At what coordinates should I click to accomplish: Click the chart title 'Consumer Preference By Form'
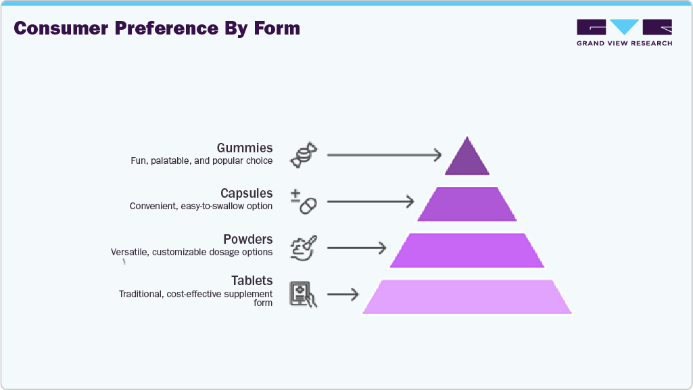point(157,28)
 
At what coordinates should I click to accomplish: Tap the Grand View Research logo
point(624,32)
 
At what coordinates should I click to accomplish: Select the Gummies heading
point(245,148)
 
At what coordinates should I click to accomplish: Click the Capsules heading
point(247,194)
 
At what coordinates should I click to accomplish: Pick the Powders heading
point(248,239)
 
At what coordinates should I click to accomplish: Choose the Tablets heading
point(252,280)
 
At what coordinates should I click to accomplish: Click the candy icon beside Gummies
point(302,155)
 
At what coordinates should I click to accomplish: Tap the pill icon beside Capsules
point(304,201)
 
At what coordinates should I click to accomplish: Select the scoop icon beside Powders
point(303,248)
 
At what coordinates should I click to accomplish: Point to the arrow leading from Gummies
point(383,155)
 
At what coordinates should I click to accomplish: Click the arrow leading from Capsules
point(370,201)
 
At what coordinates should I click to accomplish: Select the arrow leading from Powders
point(356,248)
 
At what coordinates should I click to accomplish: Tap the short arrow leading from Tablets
point(343,295)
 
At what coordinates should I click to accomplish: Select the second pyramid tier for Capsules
point(467,204)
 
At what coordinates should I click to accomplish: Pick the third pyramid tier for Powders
point(467,250)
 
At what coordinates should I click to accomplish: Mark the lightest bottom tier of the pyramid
point(467,297)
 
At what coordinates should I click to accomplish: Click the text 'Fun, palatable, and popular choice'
point(201,161)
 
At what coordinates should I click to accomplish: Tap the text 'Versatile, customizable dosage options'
point(192,252)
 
